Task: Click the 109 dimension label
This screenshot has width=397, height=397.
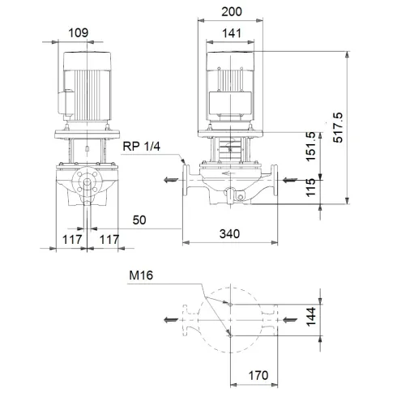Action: [x=79, y=33]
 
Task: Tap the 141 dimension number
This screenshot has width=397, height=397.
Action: [x=232, y=33]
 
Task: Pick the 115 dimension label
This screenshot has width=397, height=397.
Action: [x=311, y=189]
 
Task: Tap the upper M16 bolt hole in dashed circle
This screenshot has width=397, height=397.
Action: [x=230, y=305]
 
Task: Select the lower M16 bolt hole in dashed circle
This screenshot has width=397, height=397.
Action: [x=230, y=334]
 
